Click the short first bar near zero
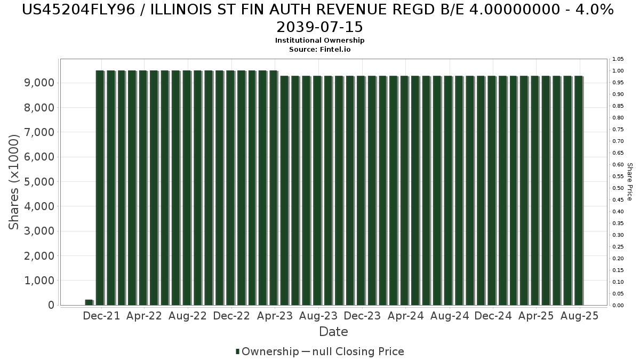(89, 302)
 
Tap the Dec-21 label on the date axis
(101, 316)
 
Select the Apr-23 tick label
(275, 316)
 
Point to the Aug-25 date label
(580, 316)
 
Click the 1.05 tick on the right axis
(618, 59)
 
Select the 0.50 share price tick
(618, 188)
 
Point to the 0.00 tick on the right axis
(618, 306)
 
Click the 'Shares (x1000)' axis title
(14, 182)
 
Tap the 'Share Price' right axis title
(630, 182)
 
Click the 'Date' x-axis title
(333, 332)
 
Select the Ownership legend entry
(267, 351)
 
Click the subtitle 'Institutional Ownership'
(319, 41)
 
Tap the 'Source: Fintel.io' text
(319, 49)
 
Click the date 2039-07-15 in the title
(319, 27)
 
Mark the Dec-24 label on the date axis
(493, 316)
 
